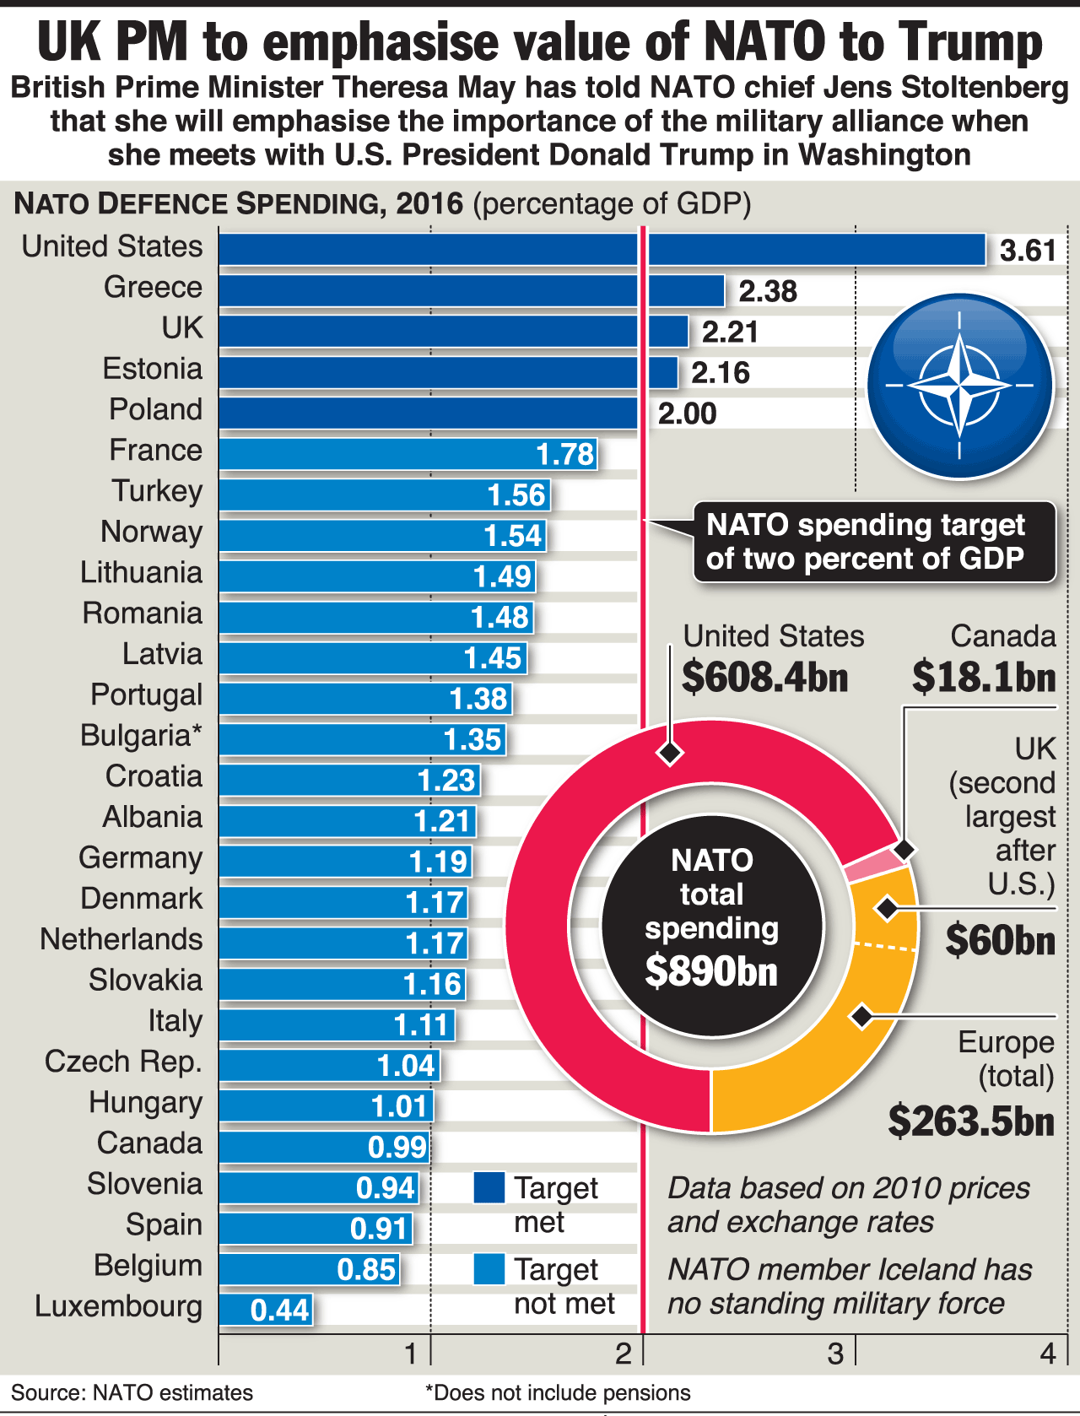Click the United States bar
601,250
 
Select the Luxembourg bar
265,1310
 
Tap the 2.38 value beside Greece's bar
767,291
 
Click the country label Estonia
153,369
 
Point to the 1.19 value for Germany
438,862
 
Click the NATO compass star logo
960,385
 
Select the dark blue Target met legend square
489,1187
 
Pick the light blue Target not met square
489,1269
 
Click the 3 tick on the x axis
835,1354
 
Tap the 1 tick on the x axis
411,1354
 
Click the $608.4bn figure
764,677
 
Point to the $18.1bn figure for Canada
984,677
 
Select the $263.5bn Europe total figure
971,1121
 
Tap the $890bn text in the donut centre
711,971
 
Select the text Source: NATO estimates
132,1392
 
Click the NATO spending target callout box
873,542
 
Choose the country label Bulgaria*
141,735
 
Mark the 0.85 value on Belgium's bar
366,1269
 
